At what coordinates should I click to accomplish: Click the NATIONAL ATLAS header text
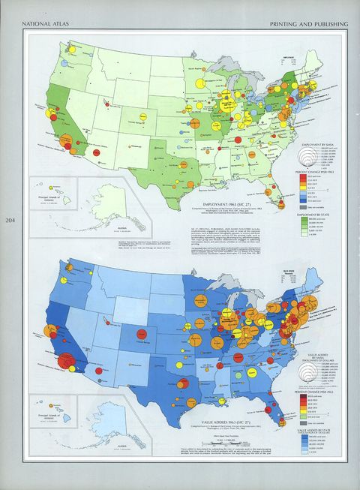point(43,25)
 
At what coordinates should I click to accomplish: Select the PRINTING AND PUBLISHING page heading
point(309,25)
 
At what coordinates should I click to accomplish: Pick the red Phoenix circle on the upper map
point(97,153)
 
